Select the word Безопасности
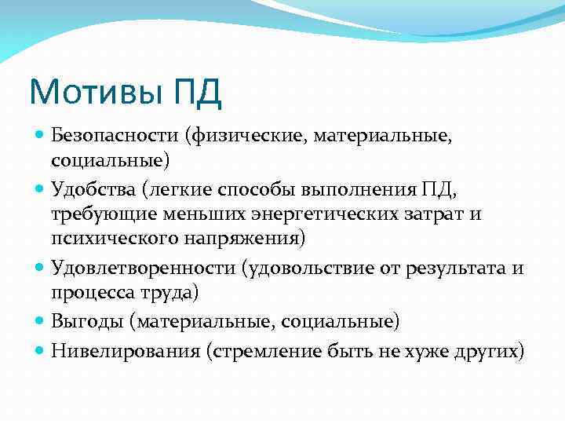click(115, 137)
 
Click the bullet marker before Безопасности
click(40, 137)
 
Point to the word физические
click(244, 137)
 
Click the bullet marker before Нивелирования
click(40, 350)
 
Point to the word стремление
click(259, 350)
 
